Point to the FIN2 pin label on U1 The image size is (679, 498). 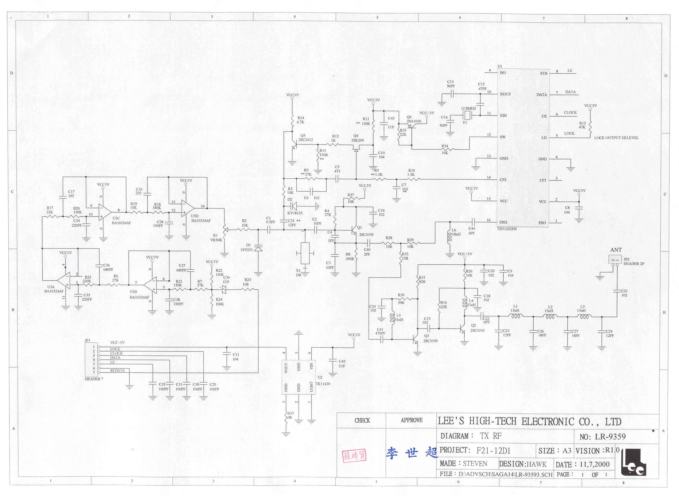click(x=503, y=222)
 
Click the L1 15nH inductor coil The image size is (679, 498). click(x=516, y=316)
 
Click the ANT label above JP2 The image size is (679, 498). click(x=616, y=250)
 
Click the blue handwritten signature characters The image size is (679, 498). click(x=412, y=453)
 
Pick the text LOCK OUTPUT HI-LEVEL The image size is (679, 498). click(x=616, y=138)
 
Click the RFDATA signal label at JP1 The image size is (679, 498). click(x=117, y=370)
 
